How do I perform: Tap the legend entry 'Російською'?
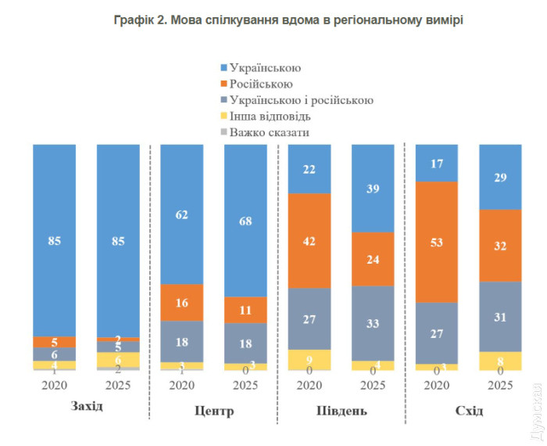(x=261, y=84)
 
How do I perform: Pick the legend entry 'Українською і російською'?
(x=301, y=100)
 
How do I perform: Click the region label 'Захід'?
(x=87, y=408)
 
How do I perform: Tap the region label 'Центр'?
(x=213, y=411)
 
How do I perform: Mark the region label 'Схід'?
(x=469, y=411)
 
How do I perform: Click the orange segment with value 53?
(x=438, y=242)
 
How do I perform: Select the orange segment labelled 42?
(x=310, y=240)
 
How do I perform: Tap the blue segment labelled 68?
(x=246, y=221)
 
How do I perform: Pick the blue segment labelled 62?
(x=182, y=214)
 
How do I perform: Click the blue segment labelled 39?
(x=374, y=189)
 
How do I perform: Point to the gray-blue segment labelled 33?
(x=374, y=322)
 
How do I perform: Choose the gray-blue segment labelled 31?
(x=501, y=316)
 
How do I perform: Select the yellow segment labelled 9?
(x=310, y=359)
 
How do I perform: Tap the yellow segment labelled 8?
(x=501, y=361)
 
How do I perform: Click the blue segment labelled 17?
(x=438, y=163)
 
